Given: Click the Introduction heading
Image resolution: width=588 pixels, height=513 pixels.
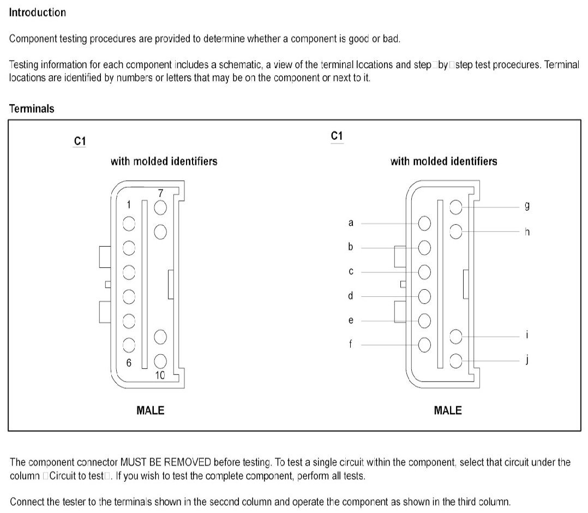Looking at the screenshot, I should click(37, 13).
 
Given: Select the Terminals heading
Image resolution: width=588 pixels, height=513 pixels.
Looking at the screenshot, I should click(32, 109).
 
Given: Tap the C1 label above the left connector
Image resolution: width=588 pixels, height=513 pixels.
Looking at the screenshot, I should click(80, 141).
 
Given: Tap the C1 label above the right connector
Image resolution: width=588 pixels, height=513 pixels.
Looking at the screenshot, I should click(337, 136).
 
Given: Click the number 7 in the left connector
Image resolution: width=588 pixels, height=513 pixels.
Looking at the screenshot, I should click(160, 194).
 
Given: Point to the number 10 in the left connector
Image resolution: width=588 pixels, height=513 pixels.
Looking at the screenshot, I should click(160, 375).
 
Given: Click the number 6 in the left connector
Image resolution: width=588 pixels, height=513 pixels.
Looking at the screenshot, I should click(129, 363).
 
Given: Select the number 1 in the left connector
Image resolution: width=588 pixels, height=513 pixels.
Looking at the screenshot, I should click(129, 205).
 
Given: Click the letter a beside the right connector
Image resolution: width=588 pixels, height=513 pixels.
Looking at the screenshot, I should click(351, 223).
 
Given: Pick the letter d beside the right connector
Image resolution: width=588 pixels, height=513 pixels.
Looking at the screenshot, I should click(351, 296).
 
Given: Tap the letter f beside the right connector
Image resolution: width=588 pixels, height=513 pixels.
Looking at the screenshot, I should click(351, 344).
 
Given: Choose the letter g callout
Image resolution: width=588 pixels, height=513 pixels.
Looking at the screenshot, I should click(527, 206).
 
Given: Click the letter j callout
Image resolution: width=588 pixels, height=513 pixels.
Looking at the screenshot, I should click(527, 360).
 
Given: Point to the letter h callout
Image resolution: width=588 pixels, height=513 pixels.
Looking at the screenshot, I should click(527, 232).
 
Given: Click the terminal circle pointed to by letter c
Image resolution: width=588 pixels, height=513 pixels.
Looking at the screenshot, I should click(424, 272).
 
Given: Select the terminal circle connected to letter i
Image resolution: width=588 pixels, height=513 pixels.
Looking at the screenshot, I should click(456, 337).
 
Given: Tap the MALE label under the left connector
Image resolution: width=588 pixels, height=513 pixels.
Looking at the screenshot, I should click(150, 410).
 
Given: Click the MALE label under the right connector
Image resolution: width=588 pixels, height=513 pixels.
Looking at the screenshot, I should click(447, 410).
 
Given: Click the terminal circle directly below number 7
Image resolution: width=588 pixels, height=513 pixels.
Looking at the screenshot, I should click(160, 207).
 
